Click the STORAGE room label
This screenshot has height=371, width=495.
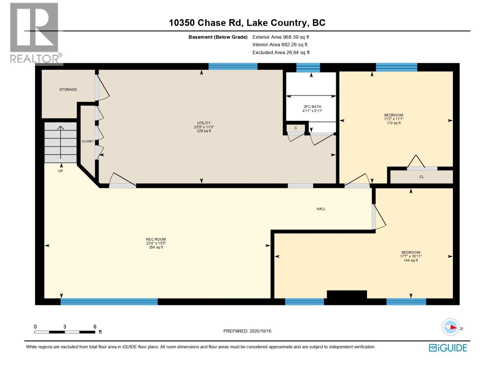pyautogui.click(x=68, y=89)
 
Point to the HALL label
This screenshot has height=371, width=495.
pyautogui.click(x=321, y=209)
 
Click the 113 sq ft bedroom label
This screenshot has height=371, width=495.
pyautogui.click(x=394, y=119)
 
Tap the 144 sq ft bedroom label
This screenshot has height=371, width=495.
pyautogui.click(x=411, y=256)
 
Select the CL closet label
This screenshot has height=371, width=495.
pyautogui.click(x=421, y=177)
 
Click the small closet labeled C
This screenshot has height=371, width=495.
pyautogui.click(x=296, y=128)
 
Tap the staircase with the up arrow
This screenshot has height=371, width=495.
pyautogui.click(x=61, y=142)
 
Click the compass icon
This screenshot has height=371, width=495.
pyautogui.click(x=450, y=327)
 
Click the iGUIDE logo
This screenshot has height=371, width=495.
pyautogui.click(x=448, y=348)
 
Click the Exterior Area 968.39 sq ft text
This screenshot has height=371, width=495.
pyautogui.click(x=281, y=37)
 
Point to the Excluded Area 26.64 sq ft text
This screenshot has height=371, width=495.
pyautogui.click(x=281, y=53)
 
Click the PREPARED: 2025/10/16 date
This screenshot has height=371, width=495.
pyautogui.click(x=247, y=331)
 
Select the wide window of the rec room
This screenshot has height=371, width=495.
pyautogui.click(x=109, y=301)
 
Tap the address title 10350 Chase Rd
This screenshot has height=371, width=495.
pyautogui.click(x=247, y=23)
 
